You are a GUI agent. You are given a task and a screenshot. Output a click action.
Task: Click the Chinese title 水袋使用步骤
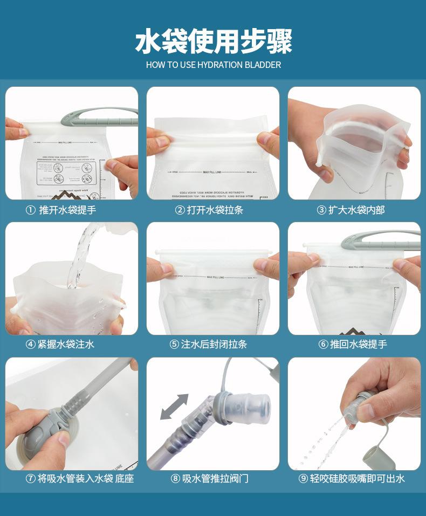click(213, 42)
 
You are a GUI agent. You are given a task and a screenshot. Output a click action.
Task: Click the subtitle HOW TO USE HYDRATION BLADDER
click(213, 65)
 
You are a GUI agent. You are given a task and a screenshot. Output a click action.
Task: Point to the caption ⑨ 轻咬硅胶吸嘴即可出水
click(351, 478)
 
